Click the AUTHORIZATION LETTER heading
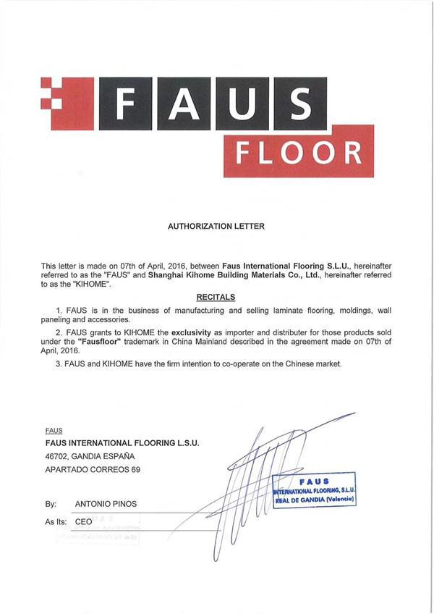coord(216,226)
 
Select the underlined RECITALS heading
coord(216,297)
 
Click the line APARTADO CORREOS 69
coord(93,469)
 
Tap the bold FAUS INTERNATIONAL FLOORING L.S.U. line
coord(122,442)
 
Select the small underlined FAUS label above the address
coord(53,430)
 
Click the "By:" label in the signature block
coord(50,502)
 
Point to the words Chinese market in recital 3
coord(312,363)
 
